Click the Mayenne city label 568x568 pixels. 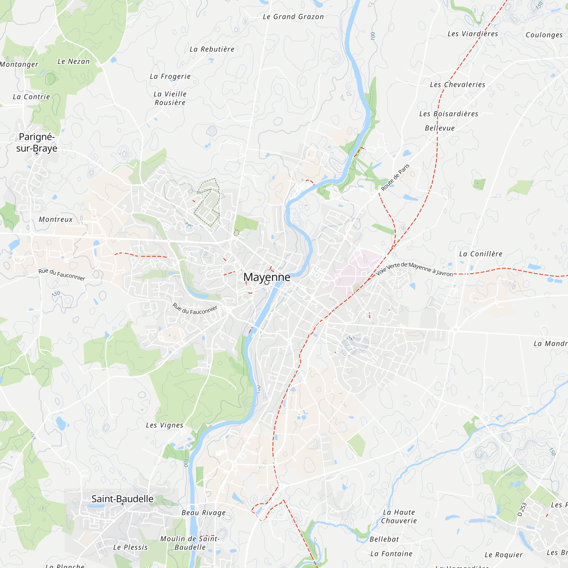click(x=267, y=277)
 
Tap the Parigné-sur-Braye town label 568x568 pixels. click(x=37, y=143)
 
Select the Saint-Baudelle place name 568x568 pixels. click(x=122, y=499)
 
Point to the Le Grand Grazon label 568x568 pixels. click(x=293, y=17)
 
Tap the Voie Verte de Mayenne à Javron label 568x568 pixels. click(x=414, y=269)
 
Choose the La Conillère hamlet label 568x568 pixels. click(x=481, y=254)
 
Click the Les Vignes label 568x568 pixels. click(x=164, y=425)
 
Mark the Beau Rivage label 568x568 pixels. click(x=203, y=512)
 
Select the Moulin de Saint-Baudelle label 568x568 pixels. click(x=190, y=543)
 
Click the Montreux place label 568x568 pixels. click(x=56, y=219)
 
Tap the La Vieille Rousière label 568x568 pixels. click(x=170, y=98)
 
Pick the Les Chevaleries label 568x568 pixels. click(x=458, y=85)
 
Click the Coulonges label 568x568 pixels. click(x=544, y=35)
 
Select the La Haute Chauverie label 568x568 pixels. click(x=399, y=516)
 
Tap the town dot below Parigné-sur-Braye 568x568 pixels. click(x=37, y=153)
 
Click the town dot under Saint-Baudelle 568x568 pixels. click(x=123, y=504)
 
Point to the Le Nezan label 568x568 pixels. click(x=74, y=61)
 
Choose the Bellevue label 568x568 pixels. click(x=440, y=128)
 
